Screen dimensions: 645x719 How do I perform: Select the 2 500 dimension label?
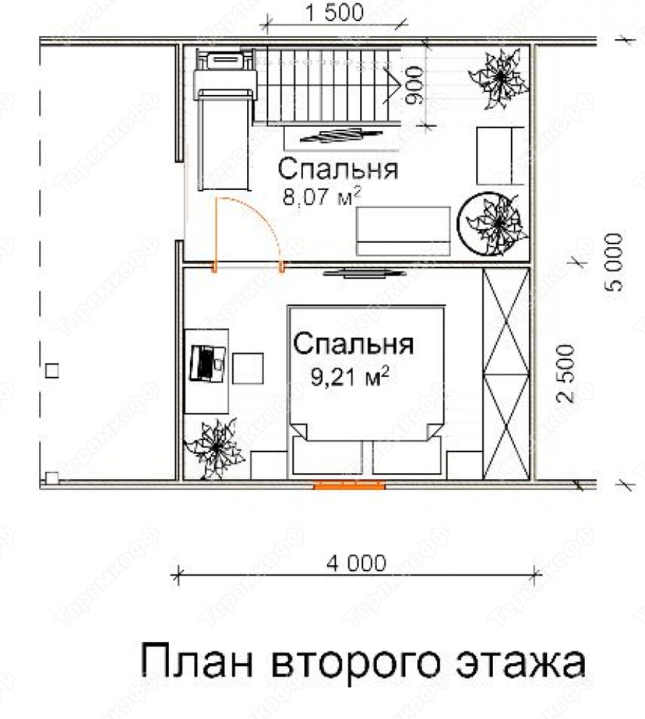[x=565, y=374]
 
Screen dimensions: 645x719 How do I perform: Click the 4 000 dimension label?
[x=356, y=562]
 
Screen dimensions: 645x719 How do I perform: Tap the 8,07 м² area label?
[x=322, y=196]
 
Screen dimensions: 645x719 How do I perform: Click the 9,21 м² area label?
[x=350, y=376]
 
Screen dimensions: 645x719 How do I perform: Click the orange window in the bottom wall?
[x=349, y=485]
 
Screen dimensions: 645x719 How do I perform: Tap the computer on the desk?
[x=207, y=364]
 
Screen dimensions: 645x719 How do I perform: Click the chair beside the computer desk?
[x=248, y=368]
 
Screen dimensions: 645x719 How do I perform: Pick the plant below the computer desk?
[x=215, y=448]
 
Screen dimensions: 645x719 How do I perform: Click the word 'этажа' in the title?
[x=520, y=662]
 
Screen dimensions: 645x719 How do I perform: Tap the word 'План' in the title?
[x=196, y=661]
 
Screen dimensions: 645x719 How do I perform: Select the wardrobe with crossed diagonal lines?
[x=506, y=374]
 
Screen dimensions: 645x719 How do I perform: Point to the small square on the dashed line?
[x=53, y=370]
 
